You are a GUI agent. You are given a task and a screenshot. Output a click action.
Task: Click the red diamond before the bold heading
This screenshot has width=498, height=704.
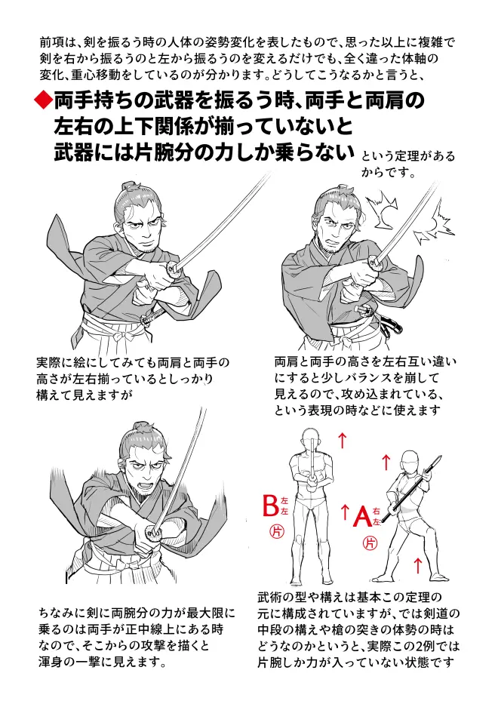(x=43, y=100)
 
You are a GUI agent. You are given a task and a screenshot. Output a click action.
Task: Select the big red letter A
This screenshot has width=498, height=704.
(x=363, y=516)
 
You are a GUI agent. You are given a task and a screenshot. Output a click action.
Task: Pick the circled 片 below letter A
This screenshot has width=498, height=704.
(x=370, y=543)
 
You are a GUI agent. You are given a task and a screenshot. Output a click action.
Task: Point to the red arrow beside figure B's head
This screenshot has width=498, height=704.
(x=343, y=440)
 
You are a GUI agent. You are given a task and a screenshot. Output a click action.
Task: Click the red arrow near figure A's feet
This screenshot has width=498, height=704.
(x=417, y=565)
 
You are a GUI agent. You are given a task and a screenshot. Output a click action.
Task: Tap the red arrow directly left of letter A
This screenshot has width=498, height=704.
(x=345, y=512)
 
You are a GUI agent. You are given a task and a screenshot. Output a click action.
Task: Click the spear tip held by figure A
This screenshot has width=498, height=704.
(x=438, y=461)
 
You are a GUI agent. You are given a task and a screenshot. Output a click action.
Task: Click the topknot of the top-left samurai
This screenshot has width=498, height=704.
(x=130, y=186)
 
